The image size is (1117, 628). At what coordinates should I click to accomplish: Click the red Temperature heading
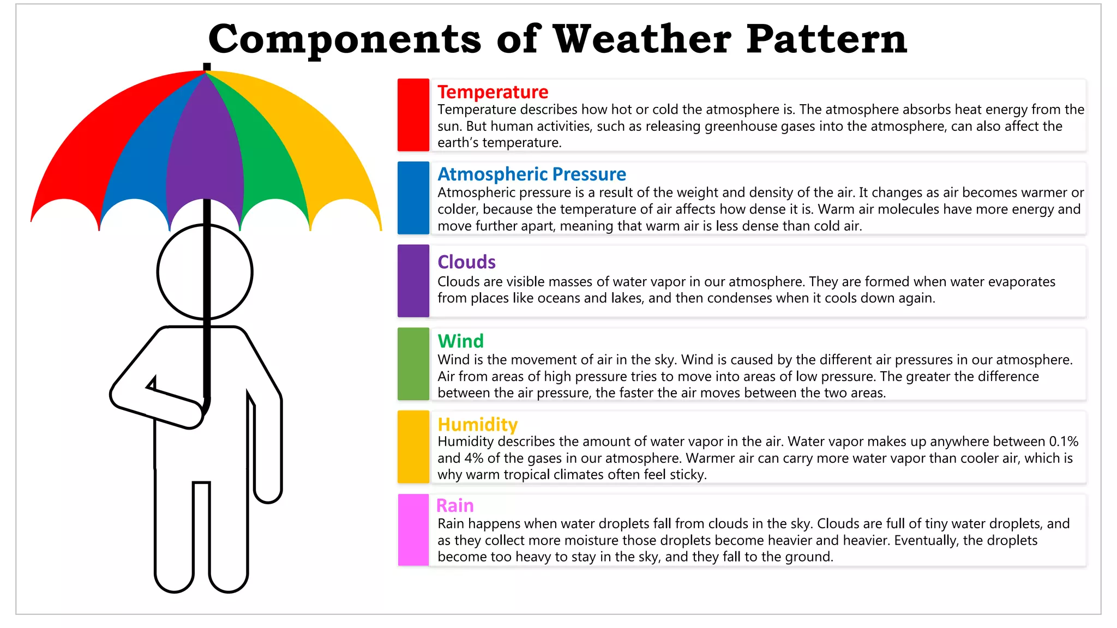[493, 92]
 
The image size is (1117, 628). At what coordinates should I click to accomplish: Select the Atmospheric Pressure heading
[532, 174]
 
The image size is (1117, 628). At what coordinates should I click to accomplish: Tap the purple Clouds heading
[466, 262]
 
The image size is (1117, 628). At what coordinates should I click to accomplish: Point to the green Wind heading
[460, 341]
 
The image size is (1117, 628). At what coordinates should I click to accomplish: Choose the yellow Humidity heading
[477, 425]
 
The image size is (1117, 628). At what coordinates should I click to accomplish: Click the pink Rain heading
[455, 506]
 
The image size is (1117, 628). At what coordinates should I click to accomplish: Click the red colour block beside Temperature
[413, 115]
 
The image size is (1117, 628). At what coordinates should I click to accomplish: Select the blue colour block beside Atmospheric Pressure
[413, 198]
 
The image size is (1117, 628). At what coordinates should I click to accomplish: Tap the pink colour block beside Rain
[413, 530]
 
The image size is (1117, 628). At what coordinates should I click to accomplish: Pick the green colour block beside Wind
[413, 364]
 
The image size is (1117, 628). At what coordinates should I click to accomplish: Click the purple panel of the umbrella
[205, 153]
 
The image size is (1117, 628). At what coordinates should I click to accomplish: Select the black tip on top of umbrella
[207, 67]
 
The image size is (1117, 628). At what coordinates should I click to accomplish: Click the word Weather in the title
[642, 39]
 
